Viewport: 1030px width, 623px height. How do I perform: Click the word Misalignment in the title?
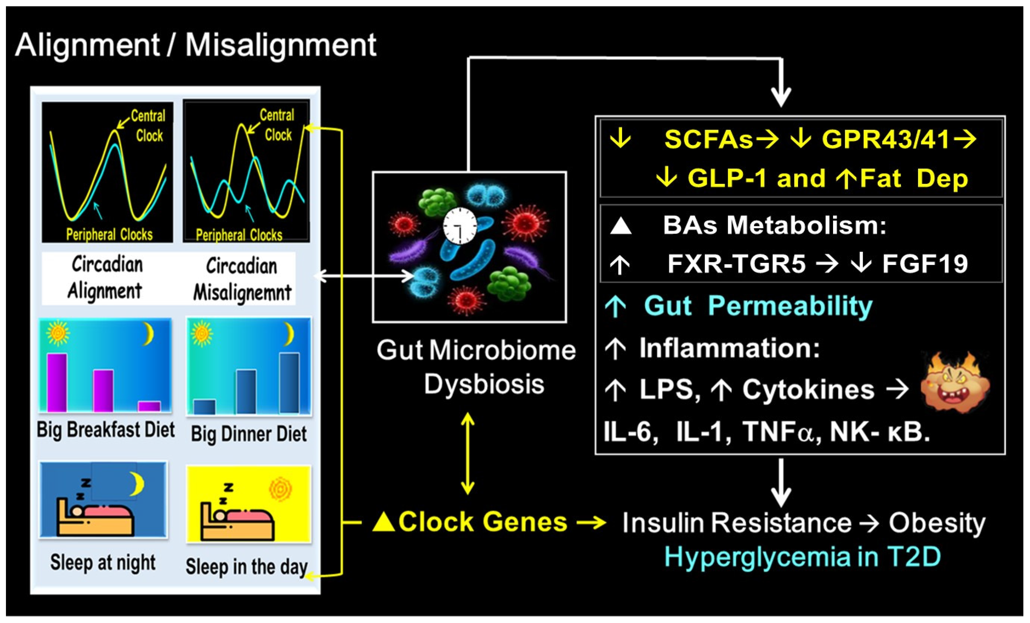[x=281, y=45]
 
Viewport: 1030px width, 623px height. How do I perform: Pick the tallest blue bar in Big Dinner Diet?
[x=289, y=383]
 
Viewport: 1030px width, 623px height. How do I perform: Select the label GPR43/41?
[x=886, y=139]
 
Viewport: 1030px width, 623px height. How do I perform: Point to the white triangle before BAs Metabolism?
[x=621, y=226]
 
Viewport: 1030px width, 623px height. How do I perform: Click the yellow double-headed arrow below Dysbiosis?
[x=467, y=454]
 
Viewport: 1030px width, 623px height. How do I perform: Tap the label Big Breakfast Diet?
[x=105, y=430]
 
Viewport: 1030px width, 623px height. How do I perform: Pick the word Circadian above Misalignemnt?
[x=242, y=266]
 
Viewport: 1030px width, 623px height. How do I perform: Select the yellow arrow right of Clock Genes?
[x=591, y=522]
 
